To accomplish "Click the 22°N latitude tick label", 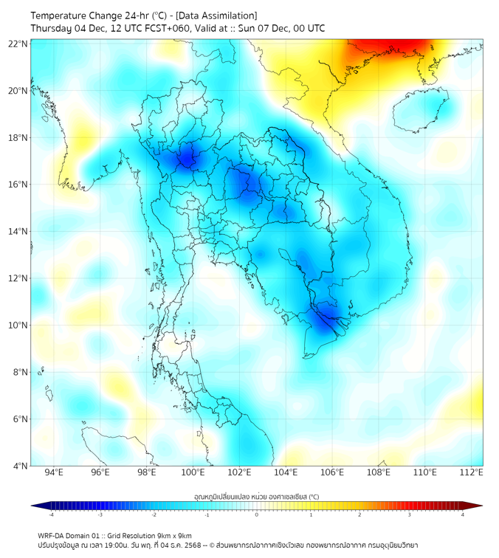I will point(18,44).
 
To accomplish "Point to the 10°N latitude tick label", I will point(18,325).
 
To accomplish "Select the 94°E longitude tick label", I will point(54,472).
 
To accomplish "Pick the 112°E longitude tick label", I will point(472,472).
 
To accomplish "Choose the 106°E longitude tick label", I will point(333,472).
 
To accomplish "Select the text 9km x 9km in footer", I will point(174,535).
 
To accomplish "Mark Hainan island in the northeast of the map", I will point(419,109).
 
